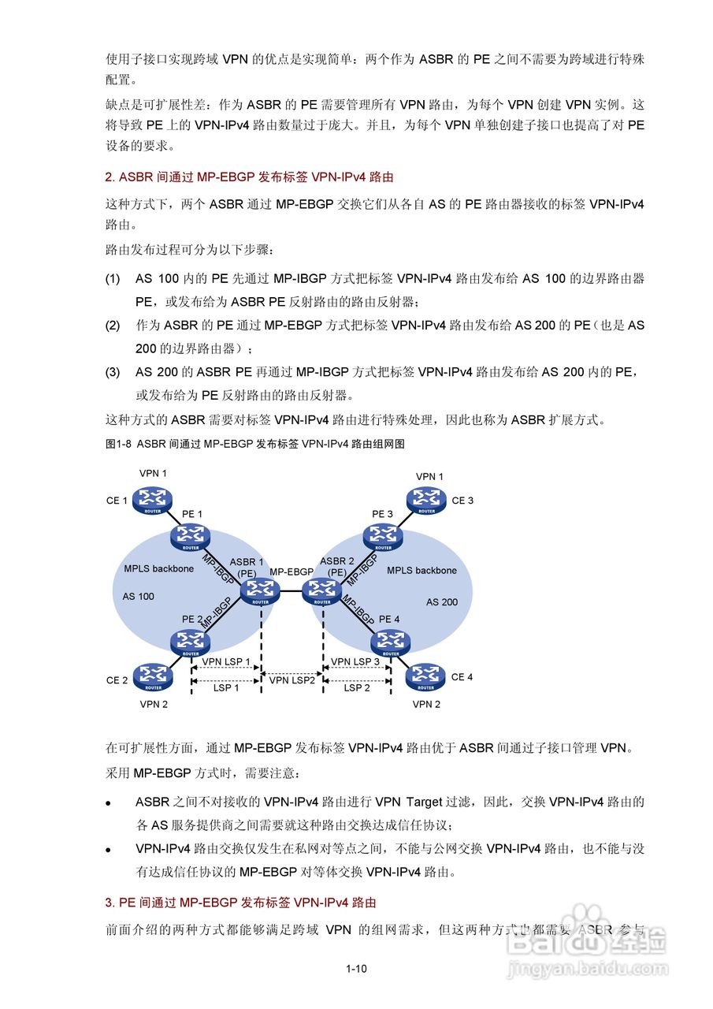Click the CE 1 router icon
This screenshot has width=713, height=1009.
click(x=152, y=499)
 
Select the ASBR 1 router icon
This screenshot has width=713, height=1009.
click(x=260, y=590)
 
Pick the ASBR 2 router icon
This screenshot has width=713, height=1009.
click(x=322, y=590)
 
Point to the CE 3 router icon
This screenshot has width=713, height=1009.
click(x=426, y=499)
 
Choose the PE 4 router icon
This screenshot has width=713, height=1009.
click(x=390, y=642)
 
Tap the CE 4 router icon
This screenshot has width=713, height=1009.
click(x=425, y=676)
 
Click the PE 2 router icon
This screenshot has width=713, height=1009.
click(x=190, y=642)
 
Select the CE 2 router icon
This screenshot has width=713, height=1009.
click(x=152, y=676)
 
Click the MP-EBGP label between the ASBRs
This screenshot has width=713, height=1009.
click(x=292, y=571)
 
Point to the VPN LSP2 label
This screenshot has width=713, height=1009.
click(x=292, y=679)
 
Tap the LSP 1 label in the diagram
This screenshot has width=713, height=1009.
click(x=225, y=687)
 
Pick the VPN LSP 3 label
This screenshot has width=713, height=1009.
click(x=355, y=661)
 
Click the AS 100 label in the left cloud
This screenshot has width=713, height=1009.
click(x=139, y=597)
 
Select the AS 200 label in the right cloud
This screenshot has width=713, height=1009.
click(x=441, y=602)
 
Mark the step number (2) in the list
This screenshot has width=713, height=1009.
click(x=113, y=325)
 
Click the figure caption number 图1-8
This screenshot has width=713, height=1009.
click(x=118, y=444)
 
